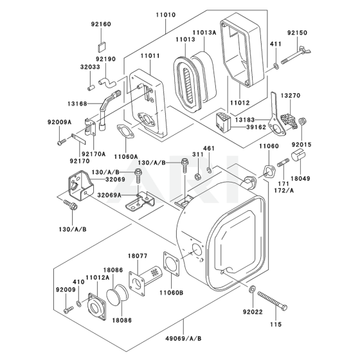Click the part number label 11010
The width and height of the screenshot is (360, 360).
coord(166,15)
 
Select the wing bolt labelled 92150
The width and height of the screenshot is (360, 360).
coord(296,55)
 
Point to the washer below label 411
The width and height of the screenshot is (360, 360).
coord(276,66)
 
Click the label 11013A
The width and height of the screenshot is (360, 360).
coord(204,33)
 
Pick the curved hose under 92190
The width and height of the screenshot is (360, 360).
coord(108,82)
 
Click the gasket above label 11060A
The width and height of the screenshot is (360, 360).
coord(125,131)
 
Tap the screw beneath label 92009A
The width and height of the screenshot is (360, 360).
coord(61,142)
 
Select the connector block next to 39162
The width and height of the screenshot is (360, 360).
coord(223,122)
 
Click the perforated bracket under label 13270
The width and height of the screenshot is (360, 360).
coord(288,120)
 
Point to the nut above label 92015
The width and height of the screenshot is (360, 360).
coord(302,121)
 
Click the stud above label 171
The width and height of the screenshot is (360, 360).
coord(283,163)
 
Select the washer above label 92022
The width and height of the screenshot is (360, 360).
coord(252,289)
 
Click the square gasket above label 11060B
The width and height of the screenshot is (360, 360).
coord(171,264)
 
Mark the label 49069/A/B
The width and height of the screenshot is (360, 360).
coord(183,339)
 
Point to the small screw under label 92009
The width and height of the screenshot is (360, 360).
coord(68,309)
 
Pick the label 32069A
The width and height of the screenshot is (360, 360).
coord(109,195)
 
